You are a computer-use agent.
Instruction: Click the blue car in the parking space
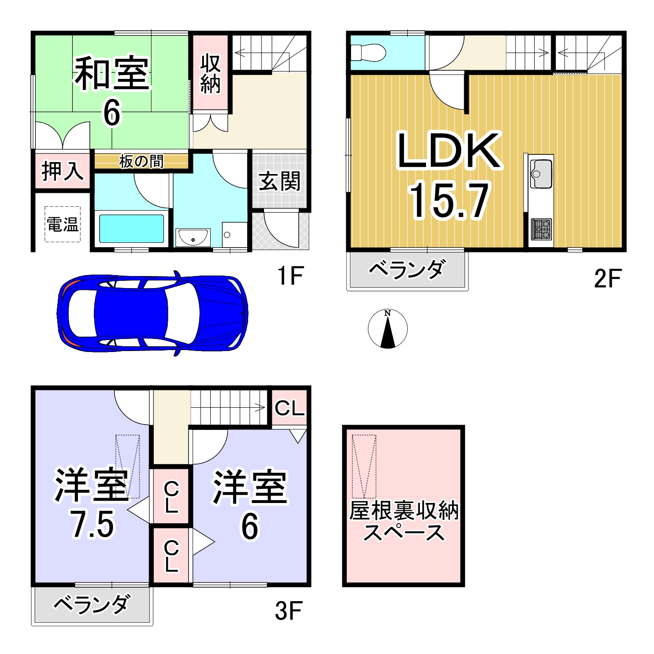[153, 313]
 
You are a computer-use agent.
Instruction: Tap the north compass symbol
[388, 328]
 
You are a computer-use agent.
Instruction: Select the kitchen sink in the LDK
[541, 174]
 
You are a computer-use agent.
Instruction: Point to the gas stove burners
[541, 229]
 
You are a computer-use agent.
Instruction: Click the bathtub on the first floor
[131, 228]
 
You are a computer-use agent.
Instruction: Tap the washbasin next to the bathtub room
[192, 237]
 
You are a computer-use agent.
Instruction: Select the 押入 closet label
[63, 171]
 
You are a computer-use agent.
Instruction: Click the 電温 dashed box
[63, 224]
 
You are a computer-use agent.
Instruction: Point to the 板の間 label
[141, 162]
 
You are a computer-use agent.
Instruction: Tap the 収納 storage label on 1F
[211, 73]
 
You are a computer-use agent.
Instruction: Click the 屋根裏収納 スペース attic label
[403, 521]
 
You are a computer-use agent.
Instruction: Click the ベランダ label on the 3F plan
[92, 604]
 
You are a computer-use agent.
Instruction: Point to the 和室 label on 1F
[111, 73]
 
